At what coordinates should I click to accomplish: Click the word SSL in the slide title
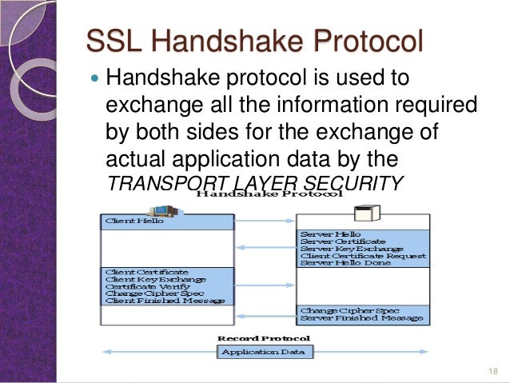click(111, 41)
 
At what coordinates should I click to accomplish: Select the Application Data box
click(267, 352)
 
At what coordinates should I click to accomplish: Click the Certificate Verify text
click(146, 286)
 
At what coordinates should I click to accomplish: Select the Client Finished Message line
click(165, 301)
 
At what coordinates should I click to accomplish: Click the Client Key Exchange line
click(155, 279)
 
